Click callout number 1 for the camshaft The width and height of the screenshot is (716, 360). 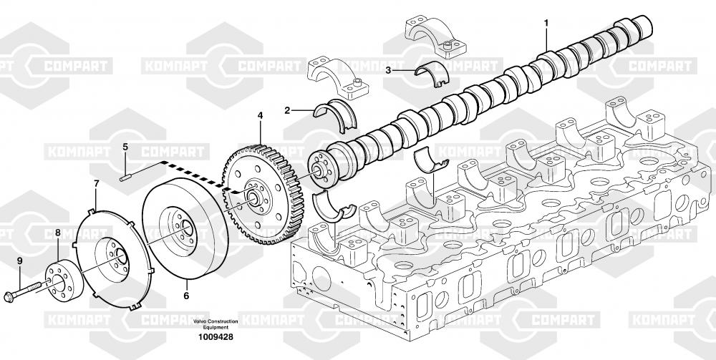(x=546, y=24)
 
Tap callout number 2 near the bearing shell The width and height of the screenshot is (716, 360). (x=287, y=110)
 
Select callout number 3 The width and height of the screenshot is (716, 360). (x=388, y=70)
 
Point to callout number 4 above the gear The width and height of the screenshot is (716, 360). (x=260, y=115)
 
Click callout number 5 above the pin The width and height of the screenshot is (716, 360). (x=125, y=147)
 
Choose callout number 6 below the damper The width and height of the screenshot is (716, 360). (x=185, y=294)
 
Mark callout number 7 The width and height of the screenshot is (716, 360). (x=97, y=184)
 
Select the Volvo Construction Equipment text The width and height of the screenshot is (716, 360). (x=215, y=323)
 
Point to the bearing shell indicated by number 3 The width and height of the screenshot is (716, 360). (x=433, y=74)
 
